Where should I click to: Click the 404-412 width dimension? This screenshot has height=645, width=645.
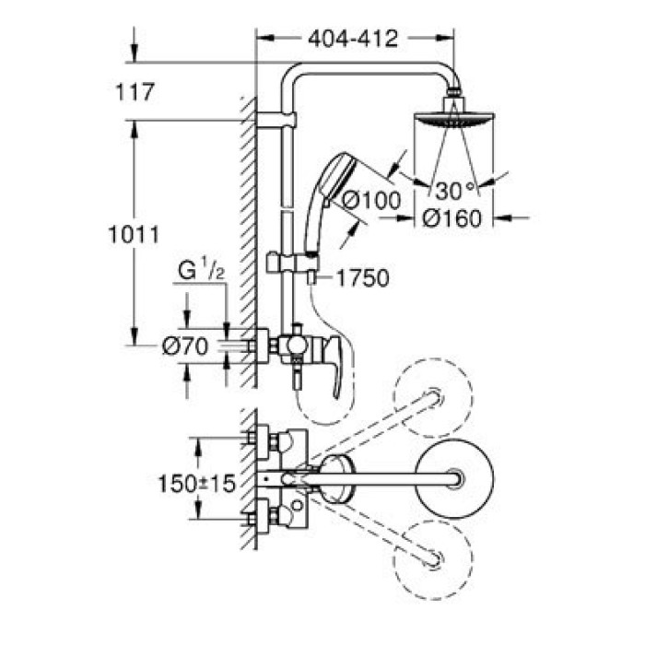tap(353, 39)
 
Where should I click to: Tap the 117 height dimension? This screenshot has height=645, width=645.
tap(135, 92)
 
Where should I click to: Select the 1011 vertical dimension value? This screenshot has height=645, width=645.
tap(134, 235)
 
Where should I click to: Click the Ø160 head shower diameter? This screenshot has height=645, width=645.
tap(451, 218)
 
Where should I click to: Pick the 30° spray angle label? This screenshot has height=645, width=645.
tap(454, 191)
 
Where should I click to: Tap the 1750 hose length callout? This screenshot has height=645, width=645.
tap(362, 277)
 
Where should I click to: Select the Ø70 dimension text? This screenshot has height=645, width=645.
tap(185, 346)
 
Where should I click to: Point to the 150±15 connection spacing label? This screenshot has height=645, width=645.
tap(196, 484)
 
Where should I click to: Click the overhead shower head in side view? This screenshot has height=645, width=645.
tap(453, 116)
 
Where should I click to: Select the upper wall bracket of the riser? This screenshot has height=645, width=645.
tap(276, 120)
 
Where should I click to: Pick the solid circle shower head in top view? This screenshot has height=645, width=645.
tap(454, 479)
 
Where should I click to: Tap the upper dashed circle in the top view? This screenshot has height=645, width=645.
tap(433, 397)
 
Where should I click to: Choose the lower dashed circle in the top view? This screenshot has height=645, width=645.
tap(433, 560)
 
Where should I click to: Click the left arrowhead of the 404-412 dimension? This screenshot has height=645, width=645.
tap(265, 38)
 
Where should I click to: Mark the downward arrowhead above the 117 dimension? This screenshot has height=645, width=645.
tap(134, 53)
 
